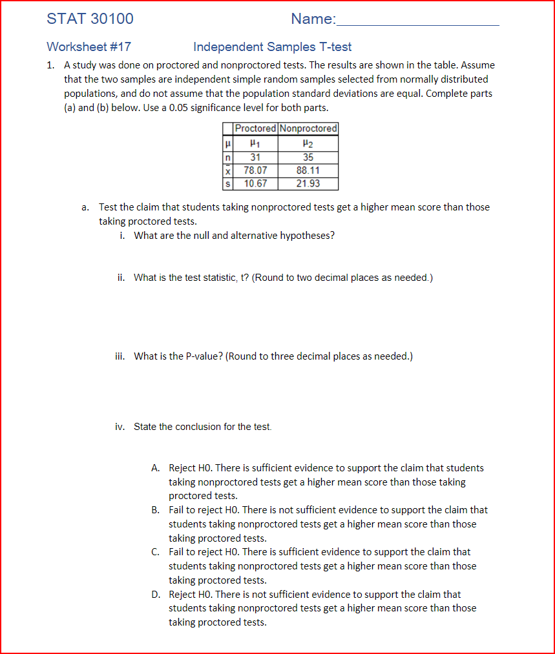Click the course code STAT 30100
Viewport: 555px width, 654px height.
coord(90,19)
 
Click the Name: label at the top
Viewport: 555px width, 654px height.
coord(313,19)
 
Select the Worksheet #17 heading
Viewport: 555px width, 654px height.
coord(89,47)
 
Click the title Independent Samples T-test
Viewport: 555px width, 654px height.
coord(272,47)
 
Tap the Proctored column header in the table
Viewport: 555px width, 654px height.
coord(255,128)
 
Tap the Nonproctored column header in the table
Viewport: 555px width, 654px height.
coord(308,128)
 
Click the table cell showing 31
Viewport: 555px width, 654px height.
coord(255,157)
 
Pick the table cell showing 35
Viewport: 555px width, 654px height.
coord(308,157)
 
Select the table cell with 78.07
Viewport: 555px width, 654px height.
coord(255,170)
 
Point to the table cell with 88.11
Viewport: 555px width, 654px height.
coord(308,170)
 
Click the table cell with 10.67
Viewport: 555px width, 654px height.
coord(255,183)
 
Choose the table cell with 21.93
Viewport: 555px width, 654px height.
coord(308,183)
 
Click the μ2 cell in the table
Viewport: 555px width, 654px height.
coord(308,143)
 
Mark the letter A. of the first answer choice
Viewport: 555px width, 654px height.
coord(156,468)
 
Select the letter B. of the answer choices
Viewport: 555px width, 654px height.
coord(156,510)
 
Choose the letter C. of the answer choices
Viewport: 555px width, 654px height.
coord(156,552)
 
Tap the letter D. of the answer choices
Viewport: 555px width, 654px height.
coord(156,595)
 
